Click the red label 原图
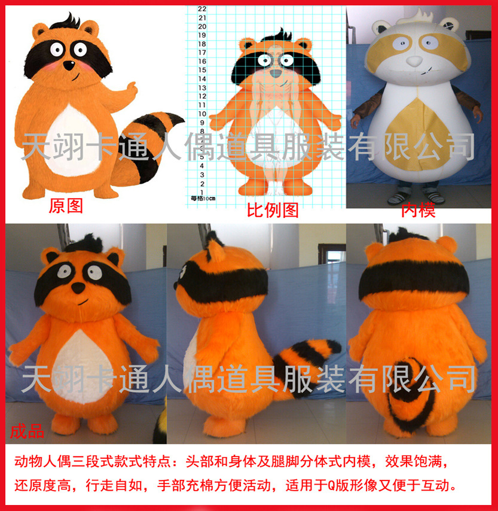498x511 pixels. point(66,207)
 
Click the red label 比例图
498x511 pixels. point(273,211)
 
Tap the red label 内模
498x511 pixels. point(418,210)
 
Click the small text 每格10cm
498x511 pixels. point(203,198)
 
